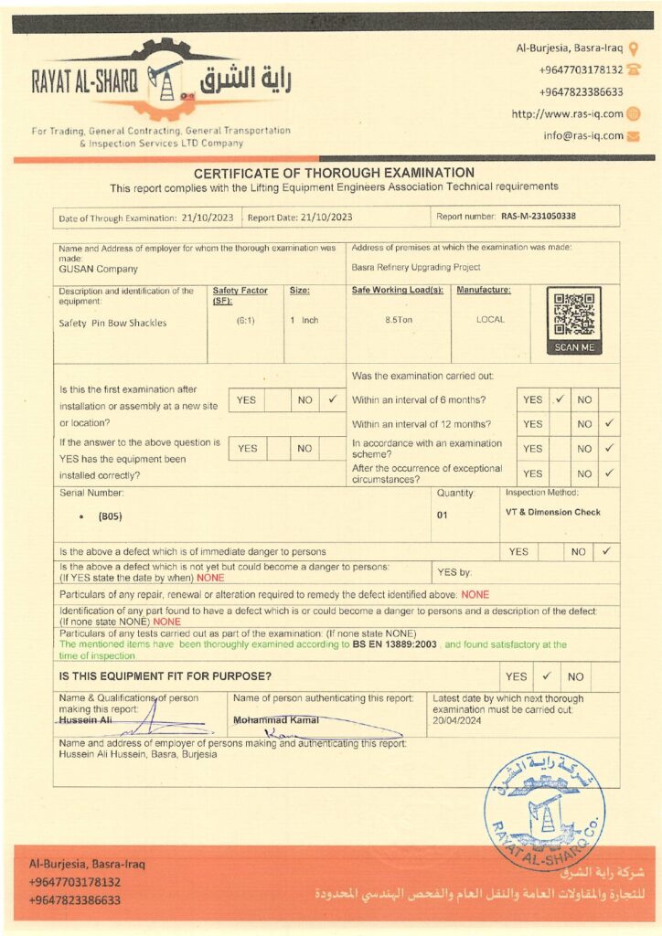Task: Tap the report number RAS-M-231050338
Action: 539,217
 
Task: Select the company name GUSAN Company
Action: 99,269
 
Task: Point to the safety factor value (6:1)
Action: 245,321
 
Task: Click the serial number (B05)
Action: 111,516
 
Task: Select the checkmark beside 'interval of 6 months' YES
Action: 559,399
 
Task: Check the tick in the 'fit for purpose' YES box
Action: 546,676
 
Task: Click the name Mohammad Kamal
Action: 276,719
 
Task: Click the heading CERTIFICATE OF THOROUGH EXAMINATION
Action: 334,173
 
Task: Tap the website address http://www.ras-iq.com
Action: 567,114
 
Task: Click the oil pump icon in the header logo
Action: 165,84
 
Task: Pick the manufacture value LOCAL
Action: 490,320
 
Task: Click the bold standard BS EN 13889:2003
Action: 395,644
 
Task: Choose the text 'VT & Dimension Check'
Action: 552,512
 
